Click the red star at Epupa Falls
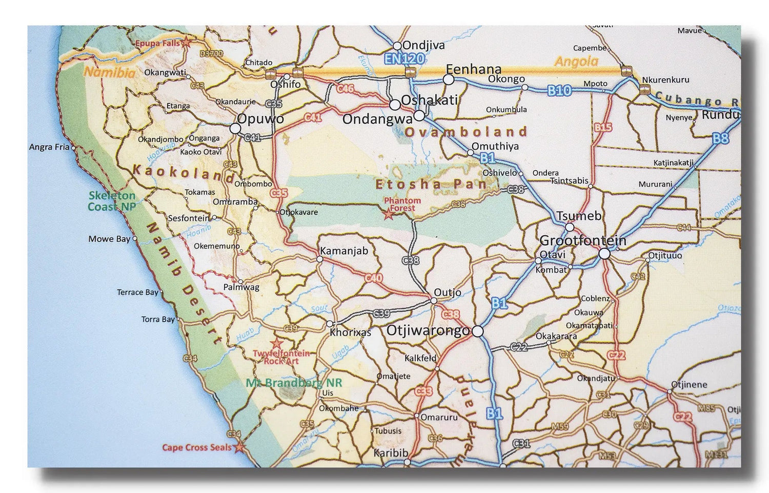187,44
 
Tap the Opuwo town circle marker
235,129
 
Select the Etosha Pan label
430,184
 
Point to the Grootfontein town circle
604,253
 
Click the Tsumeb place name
579,216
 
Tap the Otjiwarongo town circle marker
477,332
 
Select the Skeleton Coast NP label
112,201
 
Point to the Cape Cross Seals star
239,448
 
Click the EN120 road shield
405,58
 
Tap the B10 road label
559,91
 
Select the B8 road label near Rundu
720,138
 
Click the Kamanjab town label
343,251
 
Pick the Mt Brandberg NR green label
294,383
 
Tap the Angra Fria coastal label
49,147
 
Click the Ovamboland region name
466,132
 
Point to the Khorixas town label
350,332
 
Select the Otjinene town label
689,385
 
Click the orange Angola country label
577,62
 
